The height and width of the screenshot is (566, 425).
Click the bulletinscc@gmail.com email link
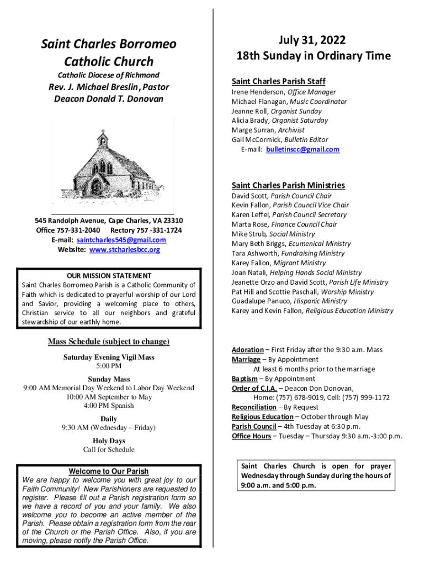(x=303, y=149)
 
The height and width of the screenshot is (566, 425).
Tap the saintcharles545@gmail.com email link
(x=121, y=240)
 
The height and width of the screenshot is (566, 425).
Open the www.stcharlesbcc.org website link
(x=125, y=249)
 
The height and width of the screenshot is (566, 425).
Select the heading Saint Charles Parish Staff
(x=278, y=81)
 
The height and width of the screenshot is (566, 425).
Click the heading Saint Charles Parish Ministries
(x=288, y=185)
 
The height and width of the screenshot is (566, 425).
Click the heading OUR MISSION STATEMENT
(x=109, y=275)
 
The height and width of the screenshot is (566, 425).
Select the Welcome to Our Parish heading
(x=108, y=471)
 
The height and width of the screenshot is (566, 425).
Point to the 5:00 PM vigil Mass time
(x=109, y=366)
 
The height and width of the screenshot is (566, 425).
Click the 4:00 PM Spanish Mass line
(x=109, y=406)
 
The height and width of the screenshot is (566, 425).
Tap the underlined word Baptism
(x=245, y=379)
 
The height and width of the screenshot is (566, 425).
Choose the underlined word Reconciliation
(x=254, y=407)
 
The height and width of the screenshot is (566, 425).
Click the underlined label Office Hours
(x=251, y=436)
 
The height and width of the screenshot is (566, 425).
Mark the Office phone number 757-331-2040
(x=81, y=230)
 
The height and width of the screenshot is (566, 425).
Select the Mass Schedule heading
(x=109, y=342)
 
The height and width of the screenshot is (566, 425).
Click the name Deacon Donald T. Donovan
(x=109, y=99)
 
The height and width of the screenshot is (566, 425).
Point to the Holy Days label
(x=109, y=441)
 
